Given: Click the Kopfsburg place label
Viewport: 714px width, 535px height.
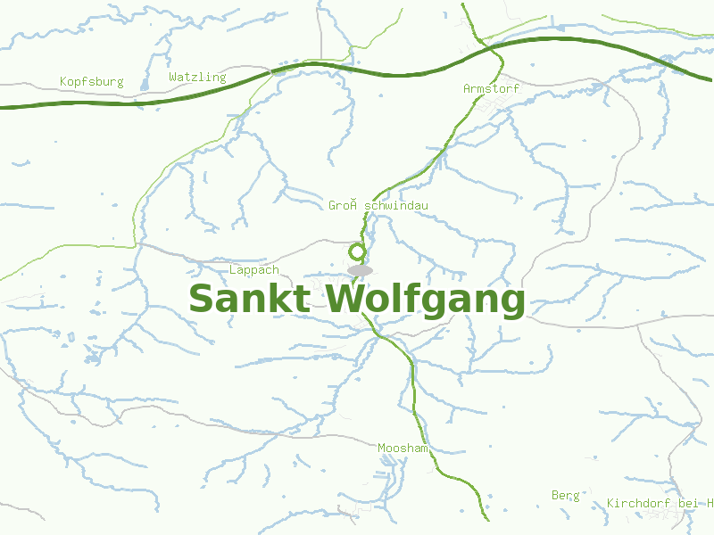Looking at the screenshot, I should coord(91,82).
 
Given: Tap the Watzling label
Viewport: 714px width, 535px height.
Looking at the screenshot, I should coord(197,78).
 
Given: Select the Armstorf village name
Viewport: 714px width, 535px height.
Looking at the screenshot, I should coord(491,89).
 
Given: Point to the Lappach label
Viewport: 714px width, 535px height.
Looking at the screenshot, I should coord(254,270).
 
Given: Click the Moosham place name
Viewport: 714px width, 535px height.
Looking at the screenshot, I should coord(403,448).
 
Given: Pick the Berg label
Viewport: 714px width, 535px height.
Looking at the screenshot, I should coord(565,495).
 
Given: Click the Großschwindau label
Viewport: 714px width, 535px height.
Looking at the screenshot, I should coord(378,206).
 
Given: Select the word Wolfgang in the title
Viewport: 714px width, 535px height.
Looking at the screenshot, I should coord(426,300).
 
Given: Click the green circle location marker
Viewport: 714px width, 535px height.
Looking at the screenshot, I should coord(357,252).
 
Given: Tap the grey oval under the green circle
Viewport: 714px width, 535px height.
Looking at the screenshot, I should coord(360,269).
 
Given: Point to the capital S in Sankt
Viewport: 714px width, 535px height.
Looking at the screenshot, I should coord(203,299).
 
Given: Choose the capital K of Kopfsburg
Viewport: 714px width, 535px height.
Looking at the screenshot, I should coord(64,82).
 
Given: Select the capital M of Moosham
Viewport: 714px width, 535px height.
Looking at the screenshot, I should coord(382,448).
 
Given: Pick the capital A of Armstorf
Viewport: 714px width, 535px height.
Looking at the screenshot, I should coord(468,89).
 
